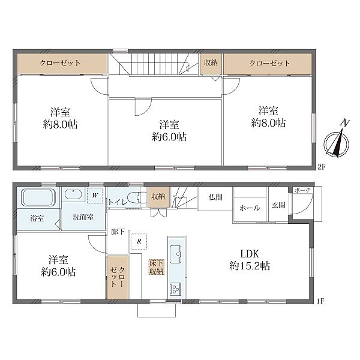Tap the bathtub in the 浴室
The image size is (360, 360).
38,197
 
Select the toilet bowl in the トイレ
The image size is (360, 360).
134,197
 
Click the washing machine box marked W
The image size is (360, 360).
95,196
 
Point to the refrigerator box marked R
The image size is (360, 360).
139,242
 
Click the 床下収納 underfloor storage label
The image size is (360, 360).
157,267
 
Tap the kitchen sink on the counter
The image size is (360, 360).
176,254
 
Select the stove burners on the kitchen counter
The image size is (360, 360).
175,289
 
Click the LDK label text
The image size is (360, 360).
250,254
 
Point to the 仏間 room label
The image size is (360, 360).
215,197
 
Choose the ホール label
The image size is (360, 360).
250,208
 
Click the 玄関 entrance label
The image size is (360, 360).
278,205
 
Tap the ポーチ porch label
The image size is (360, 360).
302,190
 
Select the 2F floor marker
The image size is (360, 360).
321,167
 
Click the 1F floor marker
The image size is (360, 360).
320,301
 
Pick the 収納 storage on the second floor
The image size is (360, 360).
211,64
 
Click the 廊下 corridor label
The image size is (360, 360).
118,232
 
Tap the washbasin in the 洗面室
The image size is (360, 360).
73,194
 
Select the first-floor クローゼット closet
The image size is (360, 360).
118,277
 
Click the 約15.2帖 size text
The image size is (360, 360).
250,266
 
